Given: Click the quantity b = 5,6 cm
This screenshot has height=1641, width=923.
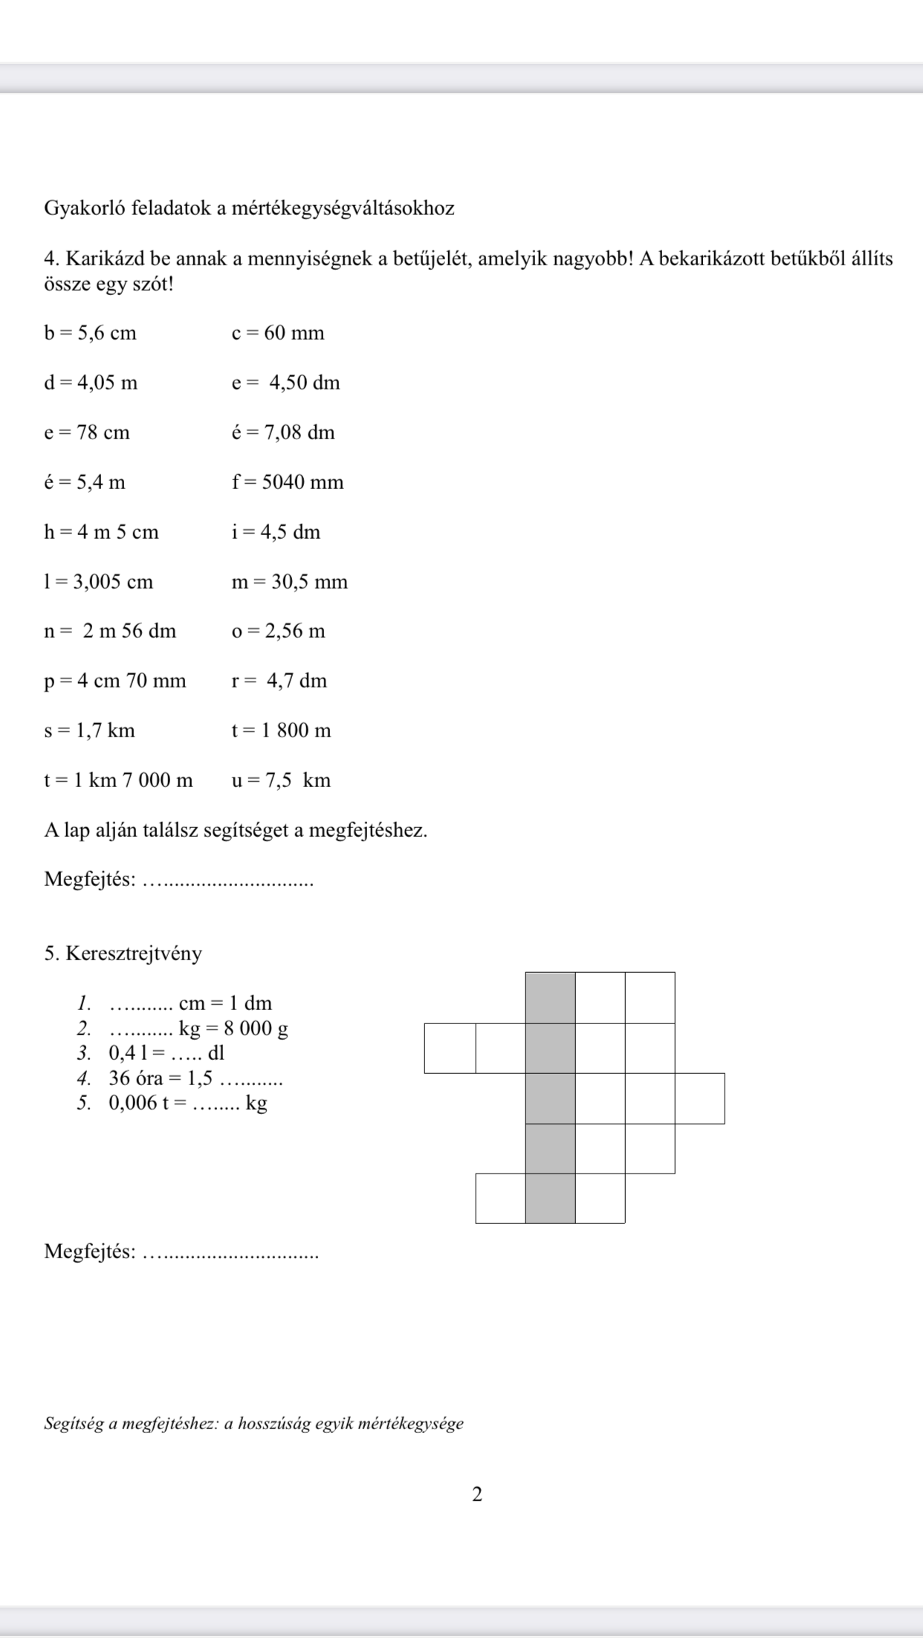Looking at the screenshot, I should tap(90, 333).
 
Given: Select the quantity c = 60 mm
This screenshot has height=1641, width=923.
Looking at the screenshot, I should tap(278, 333).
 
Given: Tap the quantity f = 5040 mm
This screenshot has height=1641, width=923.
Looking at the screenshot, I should tap(288, 482).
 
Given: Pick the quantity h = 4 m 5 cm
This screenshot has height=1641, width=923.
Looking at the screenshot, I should tap(101, 532).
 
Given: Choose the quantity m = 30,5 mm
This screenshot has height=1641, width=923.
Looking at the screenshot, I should tap(289, 582).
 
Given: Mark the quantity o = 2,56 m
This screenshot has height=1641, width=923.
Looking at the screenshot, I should tap(278, 632).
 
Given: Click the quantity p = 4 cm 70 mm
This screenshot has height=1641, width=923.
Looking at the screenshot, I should tap(114, 682).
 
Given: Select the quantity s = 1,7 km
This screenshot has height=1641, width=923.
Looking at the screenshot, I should tap(89, 731).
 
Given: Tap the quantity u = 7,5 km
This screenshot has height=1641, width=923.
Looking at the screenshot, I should tap(281, 781).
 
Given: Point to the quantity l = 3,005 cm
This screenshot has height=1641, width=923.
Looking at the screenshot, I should tap(98, 582).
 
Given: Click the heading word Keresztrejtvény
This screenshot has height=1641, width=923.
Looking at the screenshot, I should tap(134, 954).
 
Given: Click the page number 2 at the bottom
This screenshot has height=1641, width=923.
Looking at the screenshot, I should tap(477, 1494).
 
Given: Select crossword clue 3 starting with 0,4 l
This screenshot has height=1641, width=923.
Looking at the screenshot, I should tap(166, 1053).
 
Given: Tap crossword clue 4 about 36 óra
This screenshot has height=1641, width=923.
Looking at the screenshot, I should tap(195, 1078).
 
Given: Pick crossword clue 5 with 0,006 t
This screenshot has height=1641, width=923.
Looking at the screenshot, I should tap(187, 1104).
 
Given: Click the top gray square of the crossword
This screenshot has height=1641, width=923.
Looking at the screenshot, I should tap(550, 997).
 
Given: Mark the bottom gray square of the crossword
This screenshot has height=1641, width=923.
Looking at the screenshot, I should tap(550, 1198).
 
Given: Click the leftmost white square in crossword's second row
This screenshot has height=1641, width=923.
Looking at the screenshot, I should tap(450, 1048).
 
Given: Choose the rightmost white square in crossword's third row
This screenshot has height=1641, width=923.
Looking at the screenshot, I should tap(700, 1098).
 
